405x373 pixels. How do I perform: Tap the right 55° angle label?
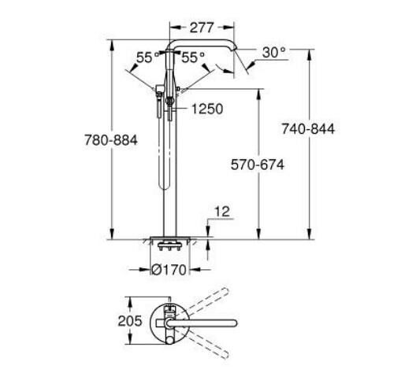pos(192,57)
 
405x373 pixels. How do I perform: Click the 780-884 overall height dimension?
pos(111,139)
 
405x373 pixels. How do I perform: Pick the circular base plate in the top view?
pos(168,321)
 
